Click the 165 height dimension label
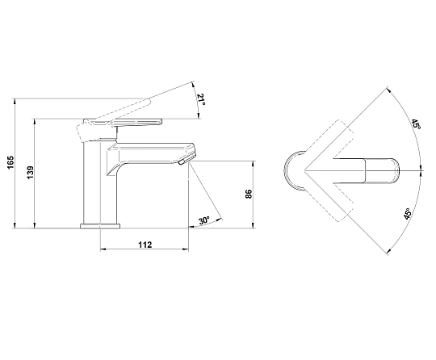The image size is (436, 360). pos(10,162)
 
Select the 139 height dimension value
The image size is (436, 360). pos(30,173)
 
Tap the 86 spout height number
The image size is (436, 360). pos(249,194)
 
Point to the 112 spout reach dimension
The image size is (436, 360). pos(145,245)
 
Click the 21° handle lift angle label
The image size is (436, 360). pos(201,100)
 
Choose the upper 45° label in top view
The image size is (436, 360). pos(416,124)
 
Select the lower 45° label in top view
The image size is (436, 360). pos(408,214)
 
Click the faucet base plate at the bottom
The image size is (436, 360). pos(100,226)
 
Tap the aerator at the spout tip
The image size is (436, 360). pos(182,161)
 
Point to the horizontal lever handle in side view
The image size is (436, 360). pos(136,123)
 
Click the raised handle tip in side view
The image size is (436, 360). pos(148,101)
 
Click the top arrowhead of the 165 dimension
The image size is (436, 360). pos(15,101)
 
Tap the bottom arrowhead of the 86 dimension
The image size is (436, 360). pos(253,225)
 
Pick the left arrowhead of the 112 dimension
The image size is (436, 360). pos(103,249)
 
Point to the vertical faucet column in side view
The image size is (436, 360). pos(92,182)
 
